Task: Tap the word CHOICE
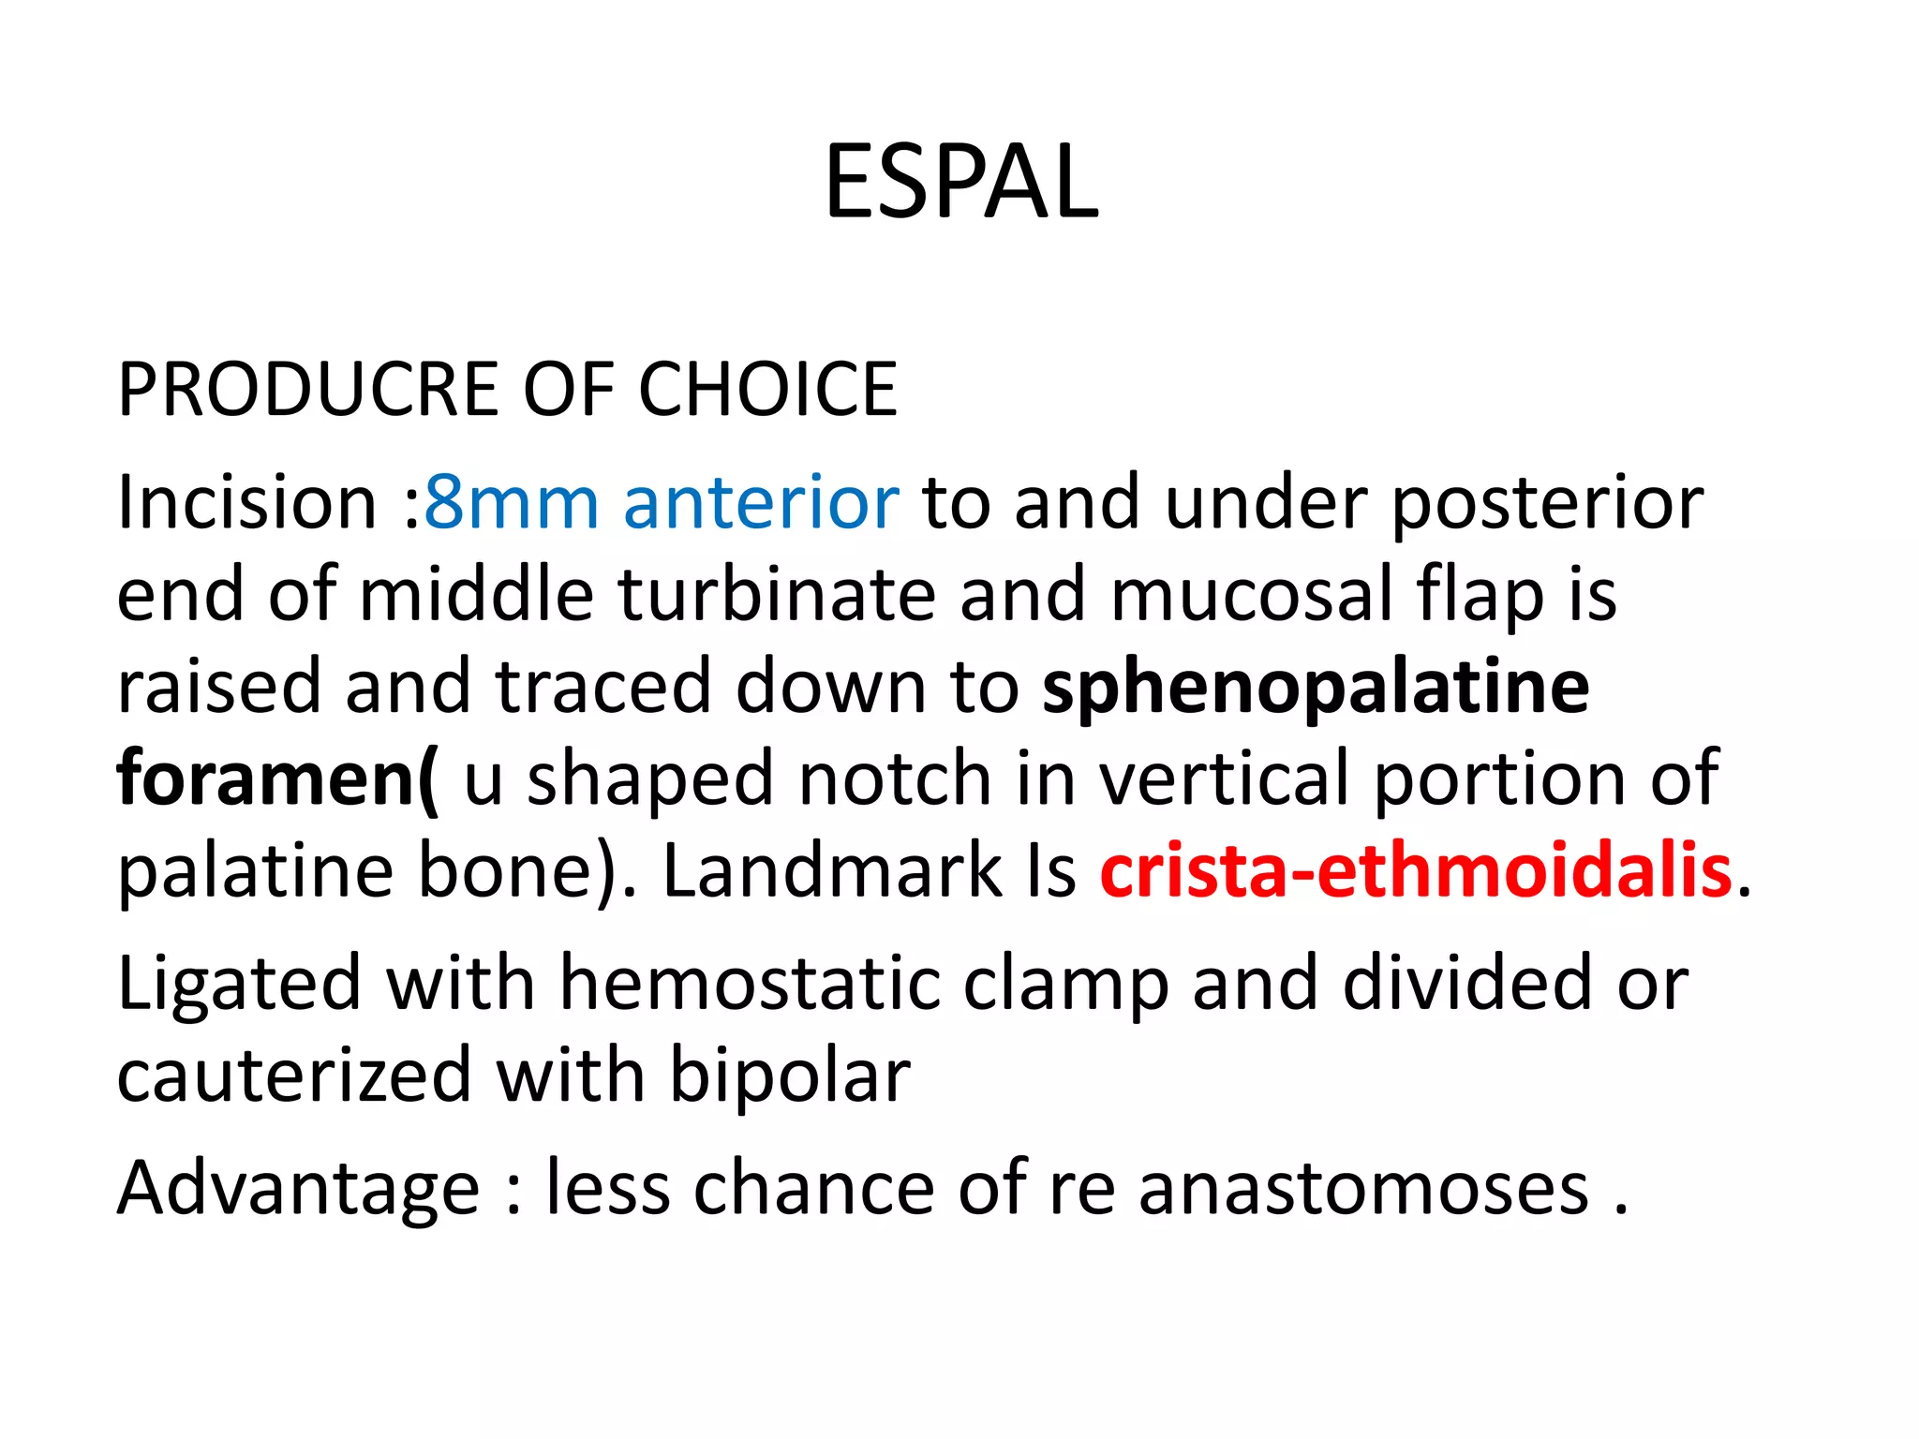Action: click(767, 390)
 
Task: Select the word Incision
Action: click(246, 503)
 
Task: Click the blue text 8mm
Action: click(511, 503)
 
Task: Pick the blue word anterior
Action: click(761, 503)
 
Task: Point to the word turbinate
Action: click(776, 595)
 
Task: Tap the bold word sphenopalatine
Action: click(1316, 687)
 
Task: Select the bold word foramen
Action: click(267, 779)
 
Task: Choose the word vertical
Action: click(1226, 779)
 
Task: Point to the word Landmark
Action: click(833, 870)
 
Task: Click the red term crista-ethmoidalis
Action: click(1415, 870)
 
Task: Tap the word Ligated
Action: click(239, 984)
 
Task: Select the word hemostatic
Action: click(750, 984)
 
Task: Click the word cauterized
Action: click(294, 1076)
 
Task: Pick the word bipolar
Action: click(790, 1077)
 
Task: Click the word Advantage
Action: click(298, 1188)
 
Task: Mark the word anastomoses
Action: click(1363, 1188)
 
